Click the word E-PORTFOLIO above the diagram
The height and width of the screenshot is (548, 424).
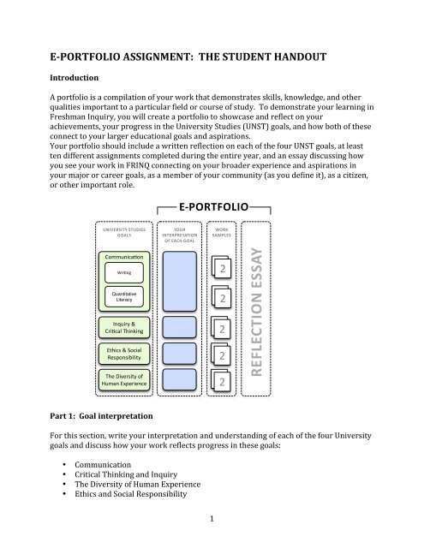213,206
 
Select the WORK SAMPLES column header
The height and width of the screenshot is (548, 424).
222,234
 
